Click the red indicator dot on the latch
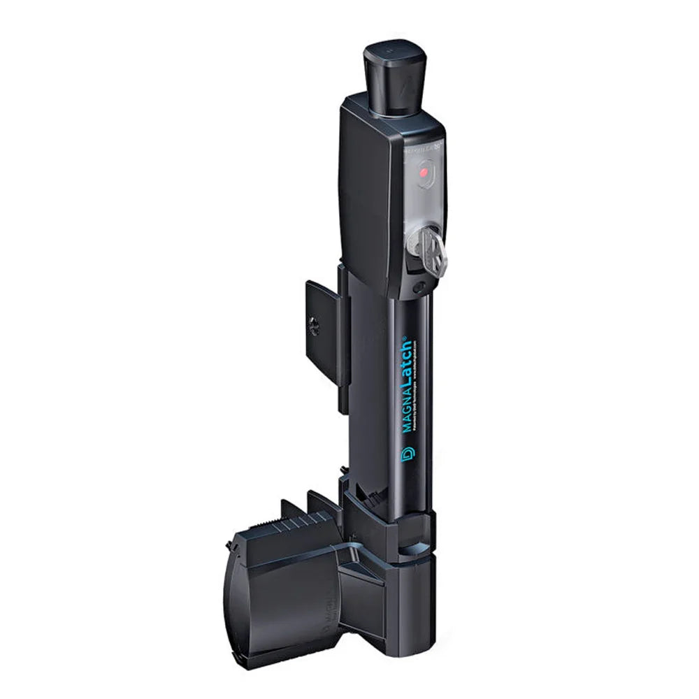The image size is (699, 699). (x=423, y=171)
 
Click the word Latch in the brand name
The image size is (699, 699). (x=405, y=362)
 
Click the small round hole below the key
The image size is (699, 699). (x=419, y=287)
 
